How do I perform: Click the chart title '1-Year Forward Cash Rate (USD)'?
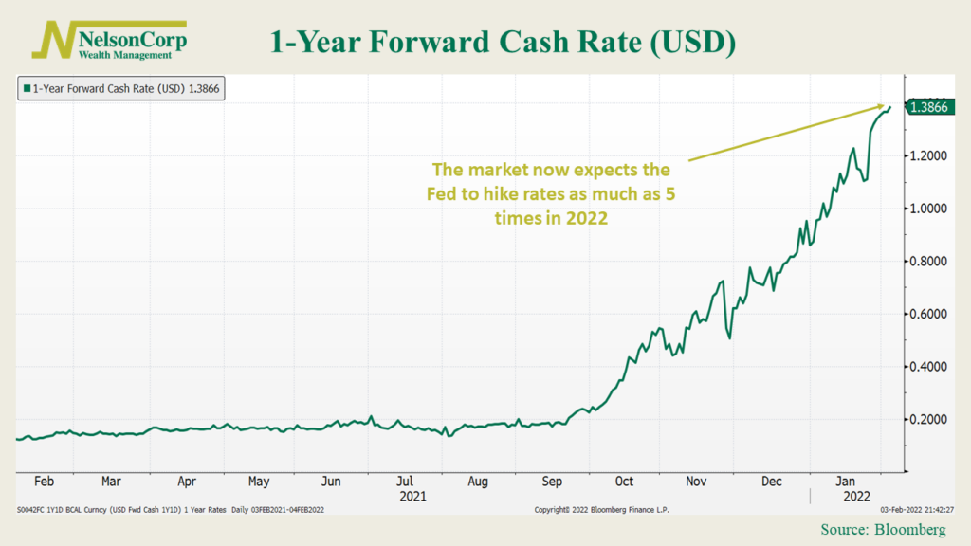coord(504,43)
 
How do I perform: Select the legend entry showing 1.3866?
coord(120,89)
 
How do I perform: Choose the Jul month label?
coord(404,481)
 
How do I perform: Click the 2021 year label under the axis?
coord(412,495)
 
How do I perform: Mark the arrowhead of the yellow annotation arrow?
coord(887,106)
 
